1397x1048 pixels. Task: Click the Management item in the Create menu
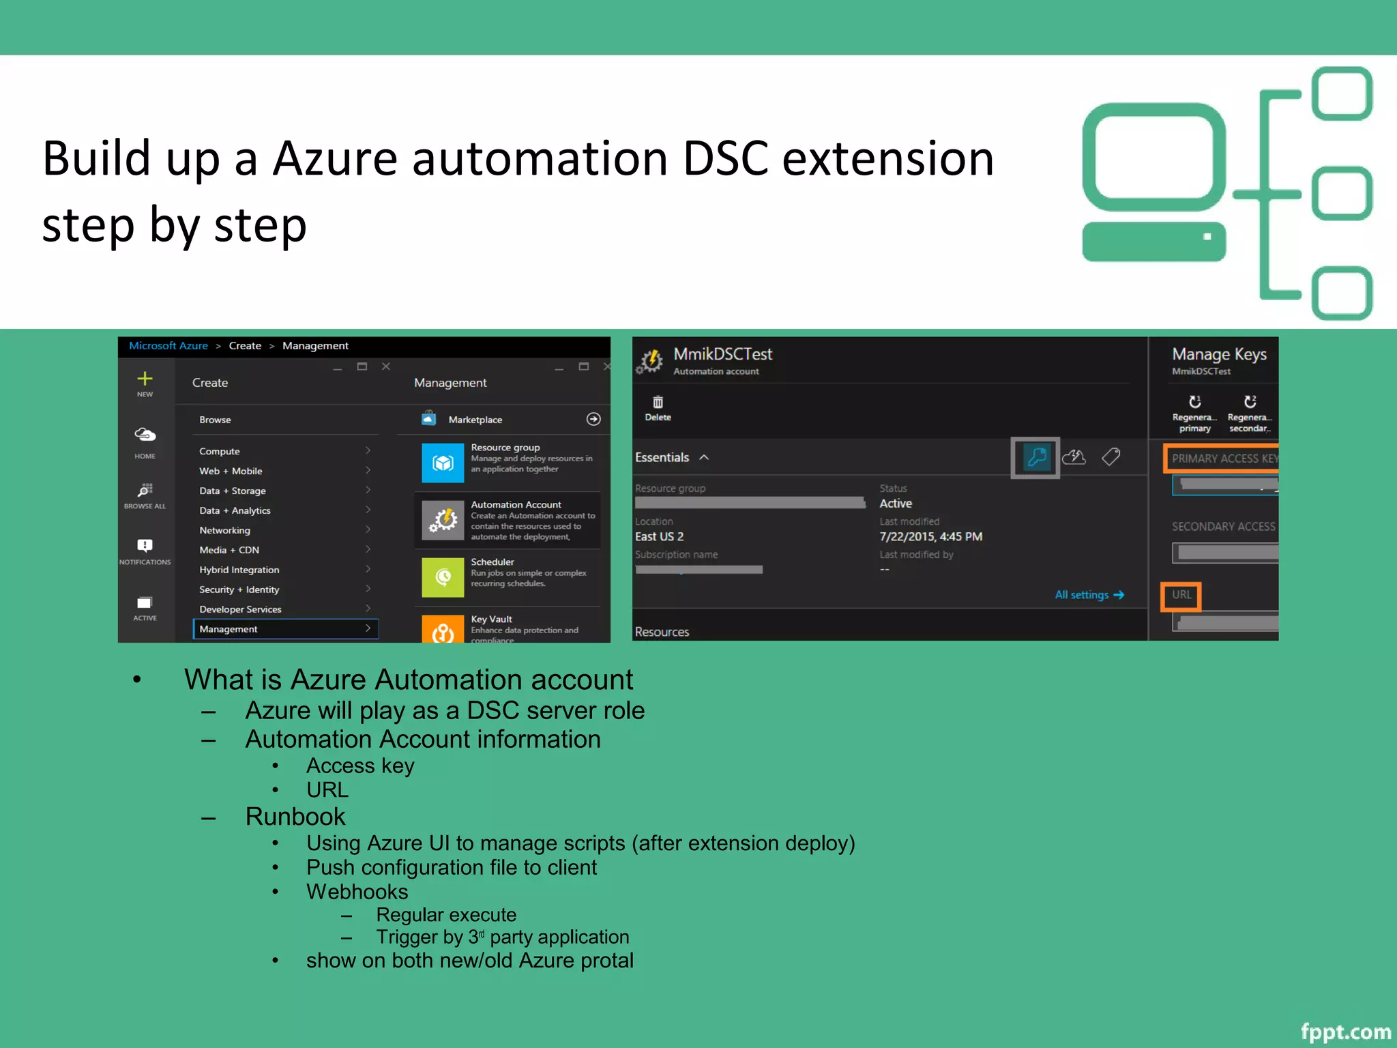point(229,629)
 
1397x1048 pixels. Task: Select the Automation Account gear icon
point(443,521)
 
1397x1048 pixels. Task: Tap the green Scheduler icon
point(443,577)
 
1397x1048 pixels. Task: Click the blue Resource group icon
point(443,463)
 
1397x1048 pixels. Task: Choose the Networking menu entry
point(224,530)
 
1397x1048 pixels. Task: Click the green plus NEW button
point(145,379)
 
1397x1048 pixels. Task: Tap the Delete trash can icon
point(658,403)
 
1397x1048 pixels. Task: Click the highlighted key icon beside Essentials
point(1035,457)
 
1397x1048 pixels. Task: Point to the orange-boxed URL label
point(1181,595)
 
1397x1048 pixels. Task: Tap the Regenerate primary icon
point(1194,402)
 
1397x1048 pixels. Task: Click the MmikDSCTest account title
point(722,354)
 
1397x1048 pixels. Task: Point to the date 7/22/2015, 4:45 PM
point(930,537)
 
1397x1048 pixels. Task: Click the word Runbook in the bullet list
point(295,817)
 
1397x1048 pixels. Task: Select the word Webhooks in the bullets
point(357,892)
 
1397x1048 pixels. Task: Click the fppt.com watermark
point(1345,1032)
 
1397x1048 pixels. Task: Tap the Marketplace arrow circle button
point(593,419)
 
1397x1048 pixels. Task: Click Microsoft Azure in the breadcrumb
point(168,346)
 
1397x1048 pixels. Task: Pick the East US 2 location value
point(659,537)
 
